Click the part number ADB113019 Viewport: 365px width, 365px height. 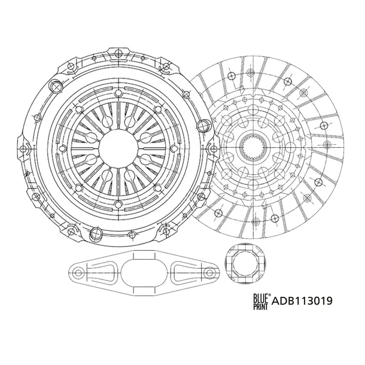(302, 301)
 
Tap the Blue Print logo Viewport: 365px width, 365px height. (262, 301)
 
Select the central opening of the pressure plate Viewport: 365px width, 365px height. (118, 148)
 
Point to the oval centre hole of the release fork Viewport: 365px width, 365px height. (145, 273)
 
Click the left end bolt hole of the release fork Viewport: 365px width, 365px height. (78, 273)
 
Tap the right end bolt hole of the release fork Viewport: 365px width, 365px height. (210, 273)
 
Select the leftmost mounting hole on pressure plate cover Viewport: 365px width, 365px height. (23, 148)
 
